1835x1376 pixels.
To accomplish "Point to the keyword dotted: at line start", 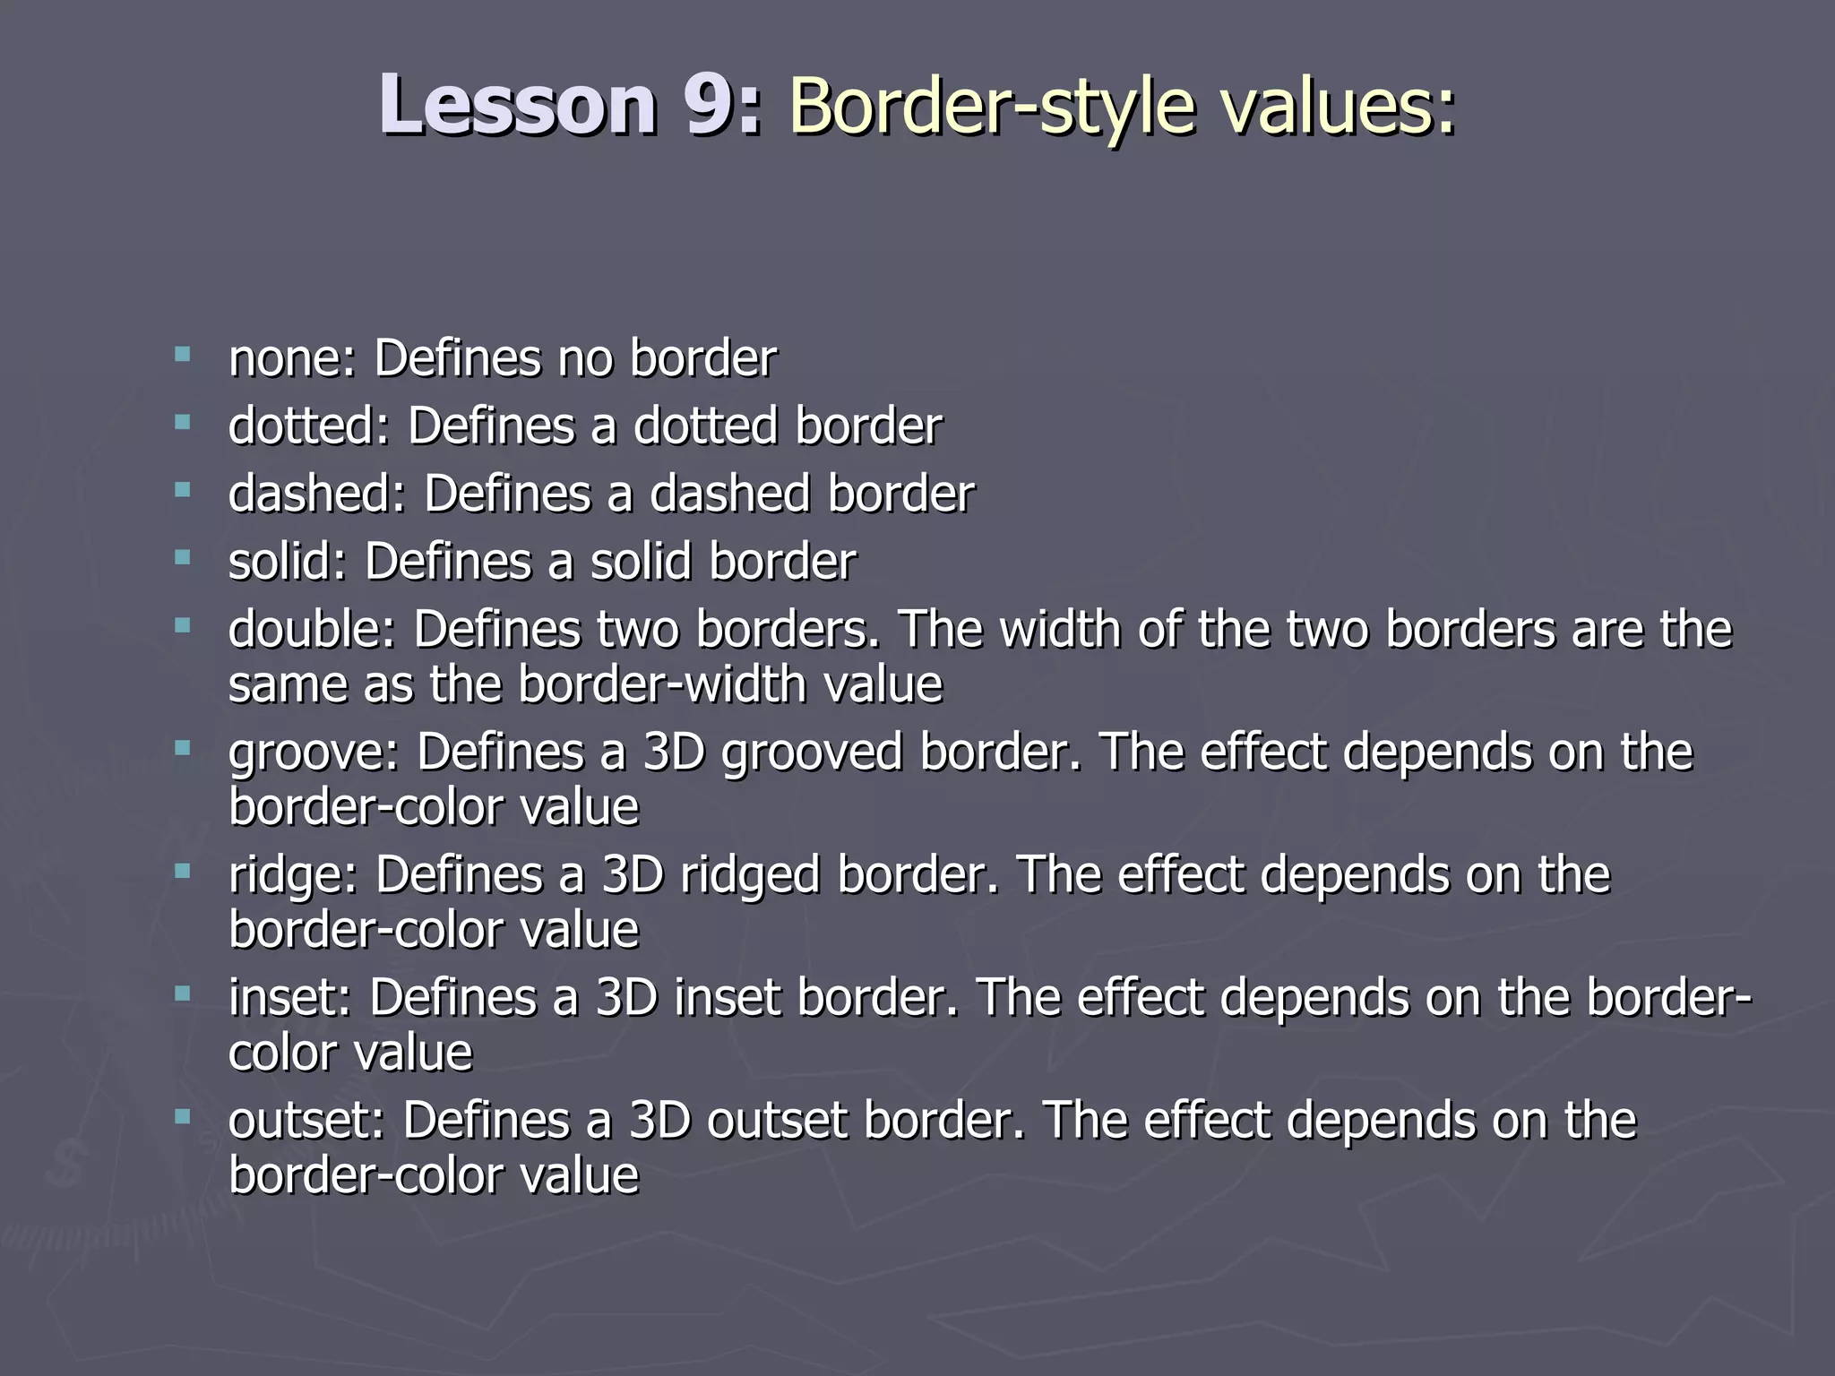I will pos(309,426).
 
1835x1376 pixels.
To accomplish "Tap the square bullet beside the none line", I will pos(184,355).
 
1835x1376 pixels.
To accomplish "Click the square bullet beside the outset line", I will pos(184,1116).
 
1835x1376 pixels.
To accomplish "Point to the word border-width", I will pos(662,685).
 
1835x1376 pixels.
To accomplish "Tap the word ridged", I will pos(750,876).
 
